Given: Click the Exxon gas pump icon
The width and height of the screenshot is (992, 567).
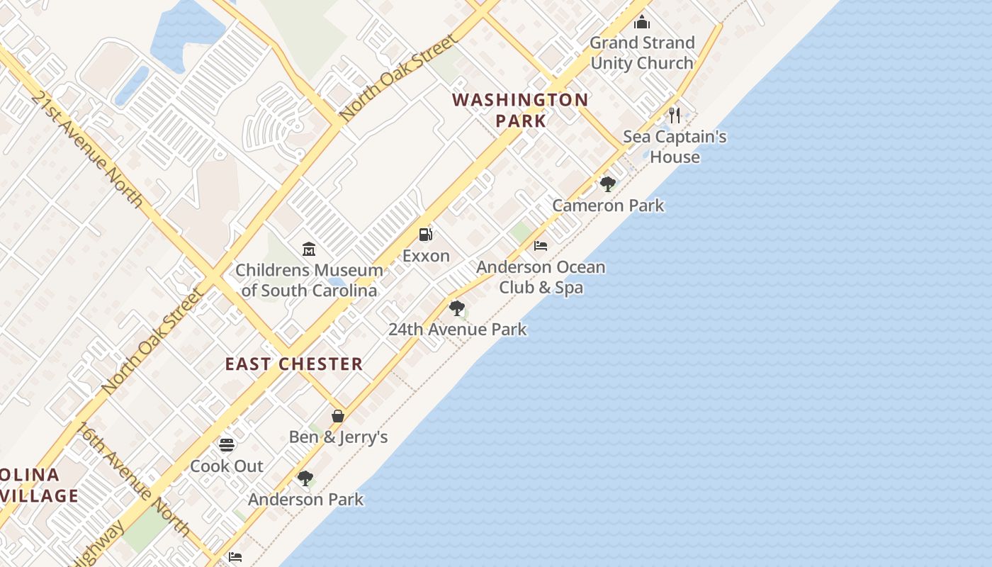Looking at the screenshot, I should point(425,235).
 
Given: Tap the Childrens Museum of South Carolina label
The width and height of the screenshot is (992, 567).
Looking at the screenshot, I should point(309,280).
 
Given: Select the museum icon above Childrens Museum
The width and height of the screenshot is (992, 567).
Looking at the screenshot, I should point(309,249).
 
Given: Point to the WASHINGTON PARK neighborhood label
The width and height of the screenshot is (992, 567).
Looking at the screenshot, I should point(521,110).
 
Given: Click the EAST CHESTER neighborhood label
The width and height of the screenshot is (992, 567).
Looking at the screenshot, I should point(294,364).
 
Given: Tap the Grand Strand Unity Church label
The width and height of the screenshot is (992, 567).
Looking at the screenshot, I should point(642,52).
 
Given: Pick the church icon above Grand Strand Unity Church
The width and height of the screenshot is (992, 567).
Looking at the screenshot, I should point(642,22).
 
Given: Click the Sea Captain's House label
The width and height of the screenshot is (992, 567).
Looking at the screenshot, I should point(675,147).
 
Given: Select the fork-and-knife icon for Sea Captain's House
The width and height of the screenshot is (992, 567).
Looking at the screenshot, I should point(675,115).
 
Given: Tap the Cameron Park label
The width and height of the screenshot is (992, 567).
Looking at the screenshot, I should point(608,206).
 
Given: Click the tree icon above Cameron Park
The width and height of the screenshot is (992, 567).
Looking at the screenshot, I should point(607,184).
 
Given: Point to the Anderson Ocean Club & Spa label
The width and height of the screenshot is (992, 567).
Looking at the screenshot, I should point(541,277).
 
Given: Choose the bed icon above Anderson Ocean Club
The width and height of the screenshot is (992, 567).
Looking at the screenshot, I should point(541,246).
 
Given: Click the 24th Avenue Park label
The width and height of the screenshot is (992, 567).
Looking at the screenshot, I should point(458,330).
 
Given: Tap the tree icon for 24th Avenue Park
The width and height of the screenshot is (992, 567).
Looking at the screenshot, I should point(457,308).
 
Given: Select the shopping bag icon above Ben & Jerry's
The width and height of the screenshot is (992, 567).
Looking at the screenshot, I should point(338,416).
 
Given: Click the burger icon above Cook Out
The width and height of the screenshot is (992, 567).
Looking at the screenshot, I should point(227,445).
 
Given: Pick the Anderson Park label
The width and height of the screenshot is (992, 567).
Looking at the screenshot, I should point(305,500).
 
